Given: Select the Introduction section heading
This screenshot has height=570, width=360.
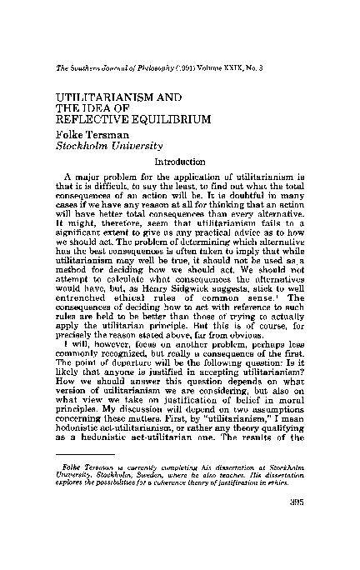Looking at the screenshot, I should pos(182,161).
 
